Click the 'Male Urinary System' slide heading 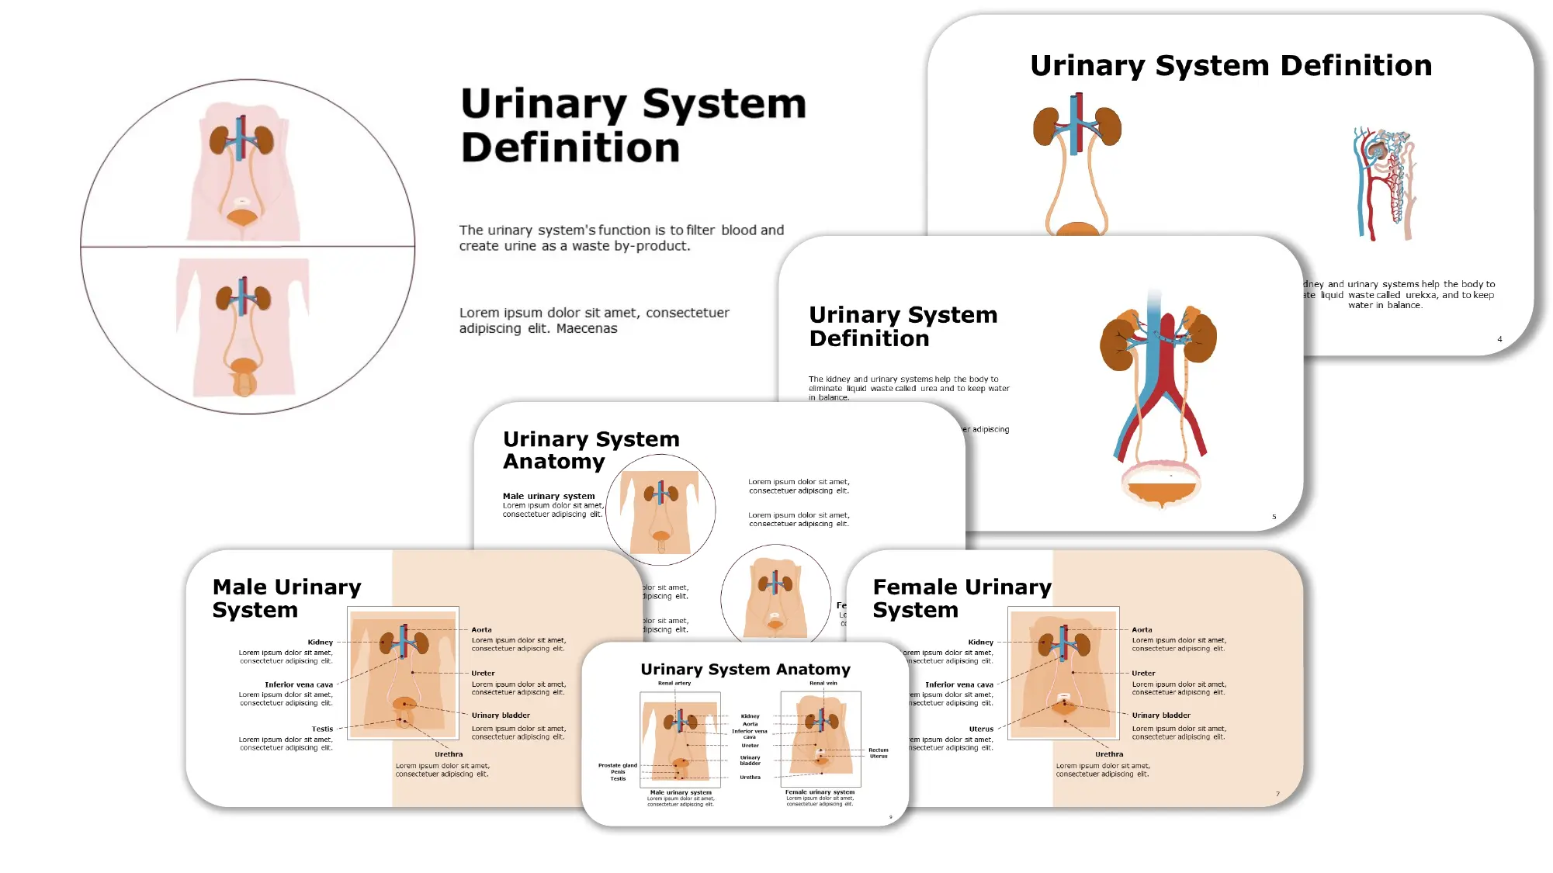tap(286, 598)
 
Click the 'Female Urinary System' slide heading tap(961, 598)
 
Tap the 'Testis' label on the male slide tap(322, 729)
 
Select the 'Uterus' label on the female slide tap(980, 729)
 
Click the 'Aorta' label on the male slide tap(481, 630)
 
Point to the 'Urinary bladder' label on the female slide tap(1160, 715)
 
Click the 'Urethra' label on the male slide tap(449, 754)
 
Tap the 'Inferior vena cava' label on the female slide tap(958, 685)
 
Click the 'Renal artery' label tap(674, 684)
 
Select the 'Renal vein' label tap(823, 684)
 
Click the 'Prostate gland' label tap(617, 765)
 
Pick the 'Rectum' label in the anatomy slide tap(878, 750)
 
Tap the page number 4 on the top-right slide tap(1499, 339)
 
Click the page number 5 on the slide tap(1274, 517)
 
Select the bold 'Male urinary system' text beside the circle tap(548, 497)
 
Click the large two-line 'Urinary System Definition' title tap(633, 125)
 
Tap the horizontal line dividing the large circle tap(248, 247)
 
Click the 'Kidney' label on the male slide tap(320, 643)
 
